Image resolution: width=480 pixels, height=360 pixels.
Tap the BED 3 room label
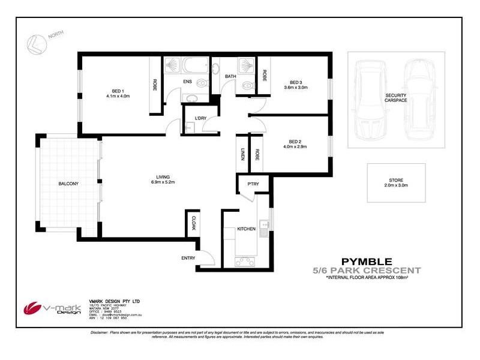[x=295, y=82]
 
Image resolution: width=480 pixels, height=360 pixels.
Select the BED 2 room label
[x=295, y=141]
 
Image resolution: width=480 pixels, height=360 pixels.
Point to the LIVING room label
[x=162, y=176]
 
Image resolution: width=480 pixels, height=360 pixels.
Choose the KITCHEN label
[x=247, y=229]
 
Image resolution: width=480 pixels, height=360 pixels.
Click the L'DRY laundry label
[x=199, y=118]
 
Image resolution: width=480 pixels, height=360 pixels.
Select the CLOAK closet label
[x=194, y=224]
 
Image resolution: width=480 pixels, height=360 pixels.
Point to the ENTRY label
[x=188, y=258]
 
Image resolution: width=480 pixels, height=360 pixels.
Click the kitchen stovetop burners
[x=246, y=261]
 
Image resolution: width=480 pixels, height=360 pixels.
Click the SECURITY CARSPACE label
[x=395, y=97]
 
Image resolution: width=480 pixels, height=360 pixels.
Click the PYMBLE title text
[x=367, y=261]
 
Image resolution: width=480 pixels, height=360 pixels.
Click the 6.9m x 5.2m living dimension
[x=162, y=182]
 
